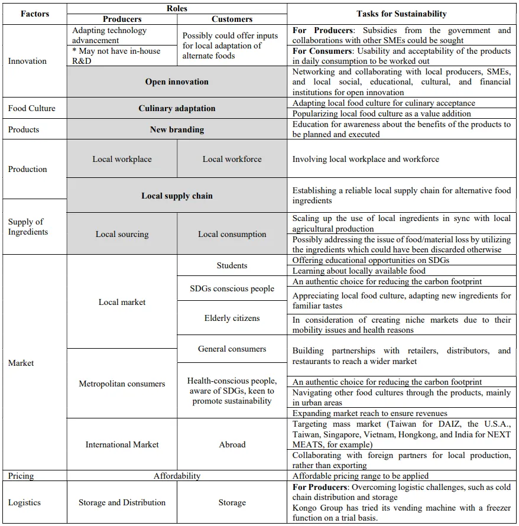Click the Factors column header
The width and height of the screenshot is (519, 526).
coord(35,14)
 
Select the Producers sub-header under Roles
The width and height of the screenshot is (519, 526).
coord(122,19)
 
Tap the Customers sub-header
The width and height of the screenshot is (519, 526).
coord(232,19)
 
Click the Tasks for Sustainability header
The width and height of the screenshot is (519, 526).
coord(401,14)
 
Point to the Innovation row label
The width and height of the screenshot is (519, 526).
coord(27,61)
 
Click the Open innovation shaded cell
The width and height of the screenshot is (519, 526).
coord(177,82)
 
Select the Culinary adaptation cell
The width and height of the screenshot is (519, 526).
coord(177,108)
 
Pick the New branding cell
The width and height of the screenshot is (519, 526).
coord(177,129)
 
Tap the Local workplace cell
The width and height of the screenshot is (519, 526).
coord(122,159)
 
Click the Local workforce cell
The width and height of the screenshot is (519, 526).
coord(232,159)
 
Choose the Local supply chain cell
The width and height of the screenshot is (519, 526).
coord(177,196)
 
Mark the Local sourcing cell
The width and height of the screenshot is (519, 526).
coord(122,234)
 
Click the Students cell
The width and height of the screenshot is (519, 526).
coord(232,265)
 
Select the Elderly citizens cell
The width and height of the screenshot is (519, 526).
coord(232,318)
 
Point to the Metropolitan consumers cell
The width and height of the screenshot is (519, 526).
coord(122,384)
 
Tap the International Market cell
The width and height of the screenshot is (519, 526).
coord(122,444)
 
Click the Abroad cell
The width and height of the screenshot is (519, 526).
coord(232,444)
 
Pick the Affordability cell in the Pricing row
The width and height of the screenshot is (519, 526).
coord(177,476)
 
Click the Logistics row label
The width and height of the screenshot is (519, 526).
coord(24,502)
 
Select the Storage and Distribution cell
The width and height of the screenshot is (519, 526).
coord(122,502)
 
